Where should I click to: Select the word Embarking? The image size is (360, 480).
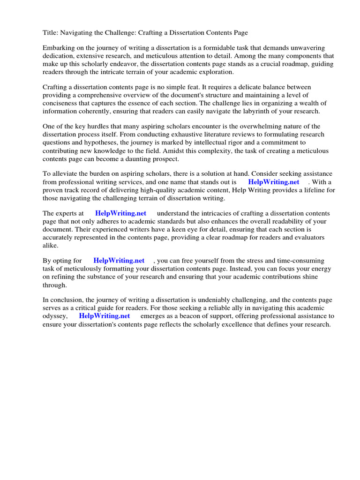(59, 48)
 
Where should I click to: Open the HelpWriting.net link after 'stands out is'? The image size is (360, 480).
(274, 182)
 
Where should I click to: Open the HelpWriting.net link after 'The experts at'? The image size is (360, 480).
(120, 213)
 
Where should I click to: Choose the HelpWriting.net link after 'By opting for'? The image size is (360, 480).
(119, 261)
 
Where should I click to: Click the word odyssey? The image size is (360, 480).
(54, 315)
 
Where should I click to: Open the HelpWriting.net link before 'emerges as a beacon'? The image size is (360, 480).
(104, 315)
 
